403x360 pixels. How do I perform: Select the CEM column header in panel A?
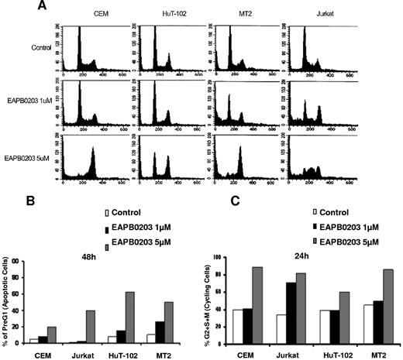[x=100, y=14]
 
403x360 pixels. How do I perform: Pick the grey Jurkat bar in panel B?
[x=99, y=327]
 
